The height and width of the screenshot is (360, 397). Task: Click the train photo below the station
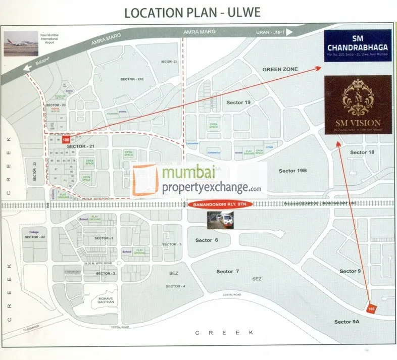pos(220,220)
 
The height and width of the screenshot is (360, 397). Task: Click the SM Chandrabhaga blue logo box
pos(358,45)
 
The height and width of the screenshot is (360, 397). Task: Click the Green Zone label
pos(280,69)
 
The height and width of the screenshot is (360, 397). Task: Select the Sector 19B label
pos(293,171)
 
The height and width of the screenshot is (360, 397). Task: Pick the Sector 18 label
pos(362,152)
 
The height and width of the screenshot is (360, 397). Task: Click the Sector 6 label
pos(207,240)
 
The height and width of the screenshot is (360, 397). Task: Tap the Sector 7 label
pos(228,272)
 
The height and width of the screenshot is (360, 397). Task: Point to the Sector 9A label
pos(346,322)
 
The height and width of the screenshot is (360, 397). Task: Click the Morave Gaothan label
pos(103,300)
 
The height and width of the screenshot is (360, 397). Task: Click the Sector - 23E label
pos(132,79)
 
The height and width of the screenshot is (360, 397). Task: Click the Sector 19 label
pos(238,102)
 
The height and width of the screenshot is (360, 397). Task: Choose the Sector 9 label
pos(350,271)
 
